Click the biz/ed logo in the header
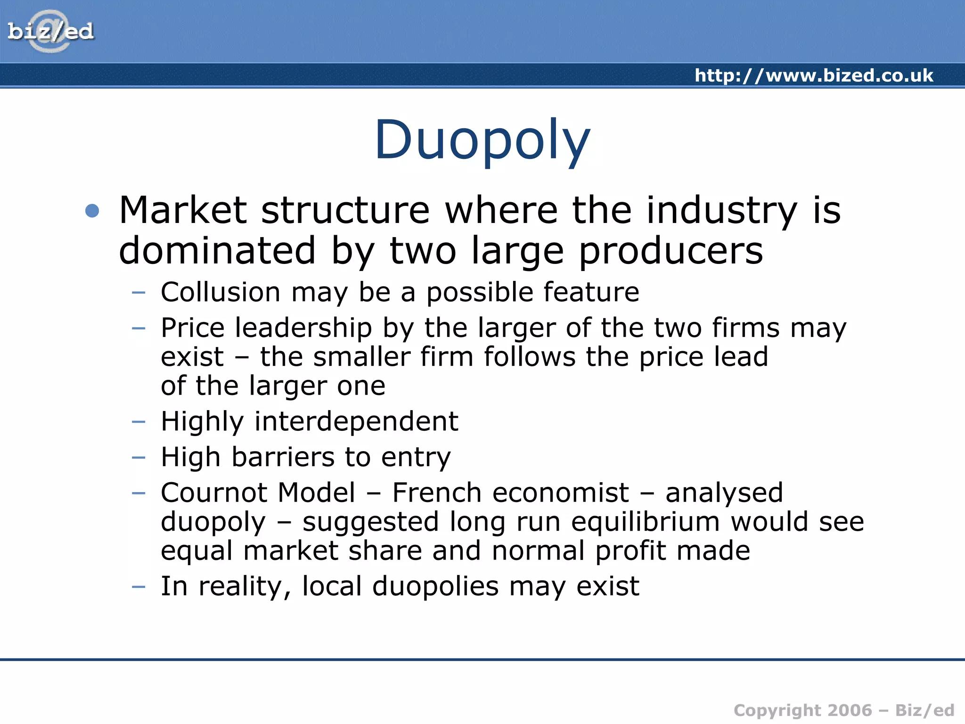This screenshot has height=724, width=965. pyautogui.click(x=50, y=32)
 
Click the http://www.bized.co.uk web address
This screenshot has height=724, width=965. pyautogui.click(x=814, y=75)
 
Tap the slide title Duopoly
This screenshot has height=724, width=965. pyautogui.click(x=482, y=140)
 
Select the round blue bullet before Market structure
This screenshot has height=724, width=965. pyautogui.click(x=92, y=211)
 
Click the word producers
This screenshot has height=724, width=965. pyautogui.click(x=671, y=252)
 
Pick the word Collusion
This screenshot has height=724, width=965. pyautogui.click(x=221, y=292)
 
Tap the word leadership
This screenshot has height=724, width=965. pyautogui.click(x=303, y=328)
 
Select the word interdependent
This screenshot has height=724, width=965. pyautogui.click(x=356, y=421)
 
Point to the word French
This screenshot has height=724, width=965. pyautogui.click(x=437, y=493)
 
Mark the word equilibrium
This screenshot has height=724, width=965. pyautogui.click(x=646, y=522)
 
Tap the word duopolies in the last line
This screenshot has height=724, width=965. pyautogui.click(x=435, y=587)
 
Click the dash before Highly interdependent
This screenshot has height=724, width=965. pyautogui.click(x=139, y=421)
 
